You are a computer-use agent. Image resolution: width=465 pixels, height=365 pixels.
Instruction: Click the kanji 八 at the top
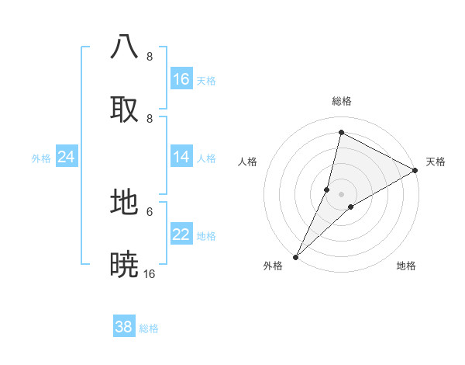tap(124, 46)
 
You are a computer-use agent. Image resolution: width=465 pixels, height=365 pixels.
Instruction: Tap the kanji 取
tap(124, 109)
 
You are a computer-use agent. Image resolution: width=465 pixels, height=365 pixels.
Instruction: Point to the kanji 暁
tap(124, 265)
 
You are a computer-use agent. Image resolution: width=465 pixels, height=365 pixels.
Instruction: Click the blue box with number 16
tap(181, 79)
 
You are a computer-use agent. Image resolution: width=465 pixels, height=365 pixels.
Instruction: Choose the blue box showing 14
tap(181, 157)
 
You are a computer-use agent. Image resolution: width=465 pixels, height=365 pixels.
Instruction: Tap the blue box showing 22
tap(181, 235)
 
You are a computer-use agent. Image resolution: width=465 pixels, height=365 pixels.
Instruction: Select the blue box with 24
tap(67, 157)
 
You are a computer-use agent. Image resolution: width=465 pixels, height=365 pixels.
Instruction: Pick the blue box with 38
tap(124, 327)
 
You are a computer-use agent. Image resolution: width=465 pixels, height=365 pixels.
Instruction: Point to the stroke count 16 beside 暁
tap(150, 274)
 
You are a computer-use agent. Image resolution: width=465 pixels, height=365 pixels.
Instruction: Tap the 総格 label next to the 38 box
tap(149, 328)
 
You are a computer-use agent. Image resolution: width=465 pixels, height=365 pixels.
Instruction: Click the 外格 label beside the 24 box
tap(41, 158)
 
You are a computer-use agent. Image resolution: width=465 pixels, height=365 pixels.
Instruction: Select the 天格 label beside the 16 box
tap(206, 81)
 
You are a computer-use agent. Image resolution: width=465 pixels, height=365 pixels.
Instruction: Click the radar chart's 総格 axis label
tap(342, 101)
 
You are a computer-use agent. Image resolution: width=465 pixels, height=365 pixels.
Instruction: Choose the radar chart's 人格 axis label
tap(248, 162)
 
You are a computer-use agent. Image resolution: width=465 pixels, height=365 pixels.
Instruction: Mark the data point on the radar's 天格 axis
tap(415, 171)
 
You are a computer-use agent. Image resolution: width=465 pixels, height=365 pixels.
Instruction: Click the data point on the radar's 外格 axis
tap(295, 256)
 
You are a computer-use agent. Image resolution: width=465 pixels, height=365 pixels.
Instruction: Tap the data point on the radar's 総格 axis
tap(341, 132)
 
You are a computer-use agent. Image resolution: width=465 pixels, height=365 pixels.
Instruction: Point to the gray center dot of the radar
tap(341, 193)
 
